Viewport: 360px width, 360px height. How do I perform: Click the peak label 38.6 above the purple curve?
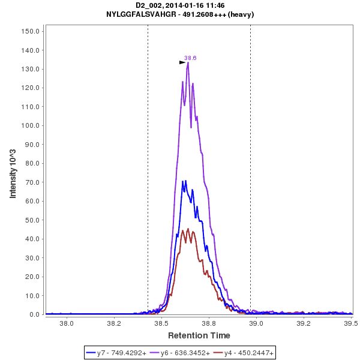click(190, 58)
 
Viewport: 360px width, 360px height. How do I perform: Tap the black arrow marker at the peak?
click(182, 62)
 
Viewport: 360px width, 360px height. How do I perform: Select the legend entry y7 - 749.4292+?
click(121, 353)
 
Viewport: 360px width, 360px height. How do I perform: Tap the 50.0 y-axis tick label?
click(32, 220)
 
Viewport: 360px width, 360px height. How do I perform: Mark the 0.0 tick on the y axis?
click(34, 314)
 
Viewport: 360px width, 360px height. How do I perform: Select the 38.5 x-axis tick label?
click(161, 323)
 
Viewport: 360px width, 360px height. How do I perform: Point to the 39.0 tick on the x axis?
click(256, 323)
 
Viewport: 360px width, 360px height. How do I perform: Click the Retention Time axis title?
click(199, 335)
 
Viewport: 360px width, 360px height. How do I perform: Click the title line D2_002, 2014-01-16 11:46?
click(180, 5)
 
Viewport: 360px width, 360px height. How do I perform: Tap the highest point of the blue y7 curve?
click(186, 180)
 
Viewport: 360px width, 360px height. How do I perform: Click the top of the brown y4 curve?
click(188, 229)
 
